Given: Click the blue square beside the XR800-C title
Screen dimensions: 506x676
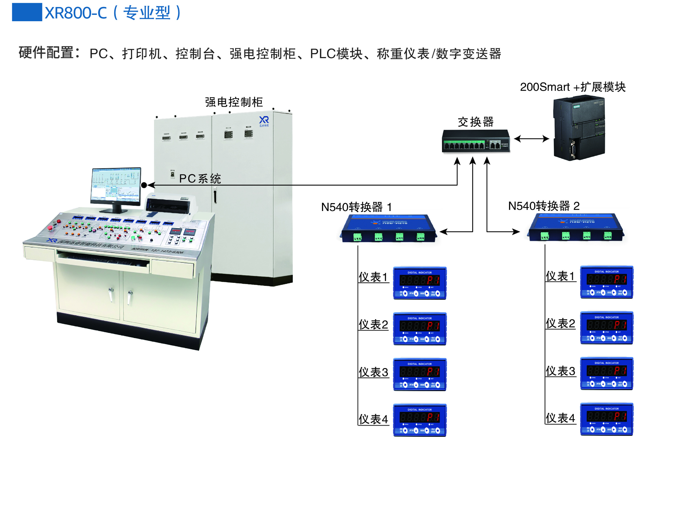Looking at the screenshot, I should (27, 12).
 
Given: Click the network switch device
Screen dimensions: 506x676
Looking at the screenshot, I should (476, 141).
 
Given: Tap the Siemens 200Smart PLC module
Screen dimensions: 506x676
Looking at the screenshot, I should (579, 128).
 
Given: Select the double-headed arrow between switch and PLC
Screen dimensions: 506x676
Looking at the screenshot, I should (531, 139).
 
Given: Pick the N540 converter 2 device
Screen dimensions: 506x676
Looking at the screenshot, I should (576, 228).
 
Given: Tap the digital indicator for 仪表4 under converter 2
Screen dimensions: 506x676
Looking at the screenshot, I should (607, 419).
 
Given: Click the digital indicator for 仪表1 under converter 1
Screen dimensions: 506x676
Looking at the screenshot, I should (420, 283).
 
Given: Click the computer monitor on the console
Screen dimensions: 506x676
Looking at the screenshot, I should (116, 186).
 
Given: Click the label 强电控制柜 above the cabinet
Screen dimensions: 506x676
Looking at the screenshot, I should (234, 102).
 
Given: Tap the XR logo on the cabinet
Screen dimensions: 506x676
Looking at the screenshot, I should (264, 121).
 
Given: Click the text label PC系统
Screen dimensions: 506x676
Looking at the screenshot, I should (200, 179).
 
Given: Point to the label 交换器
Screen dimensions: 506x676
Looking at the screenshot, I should (476, 122).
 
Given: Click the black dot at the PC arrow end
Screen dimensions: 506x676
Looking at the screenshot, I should (144, 185).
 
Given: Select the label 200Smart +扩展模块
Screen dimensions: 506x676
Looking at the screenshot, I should (573, 87).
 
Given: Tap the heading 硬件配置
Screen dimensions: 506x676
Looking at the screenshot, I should (49, 53).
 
